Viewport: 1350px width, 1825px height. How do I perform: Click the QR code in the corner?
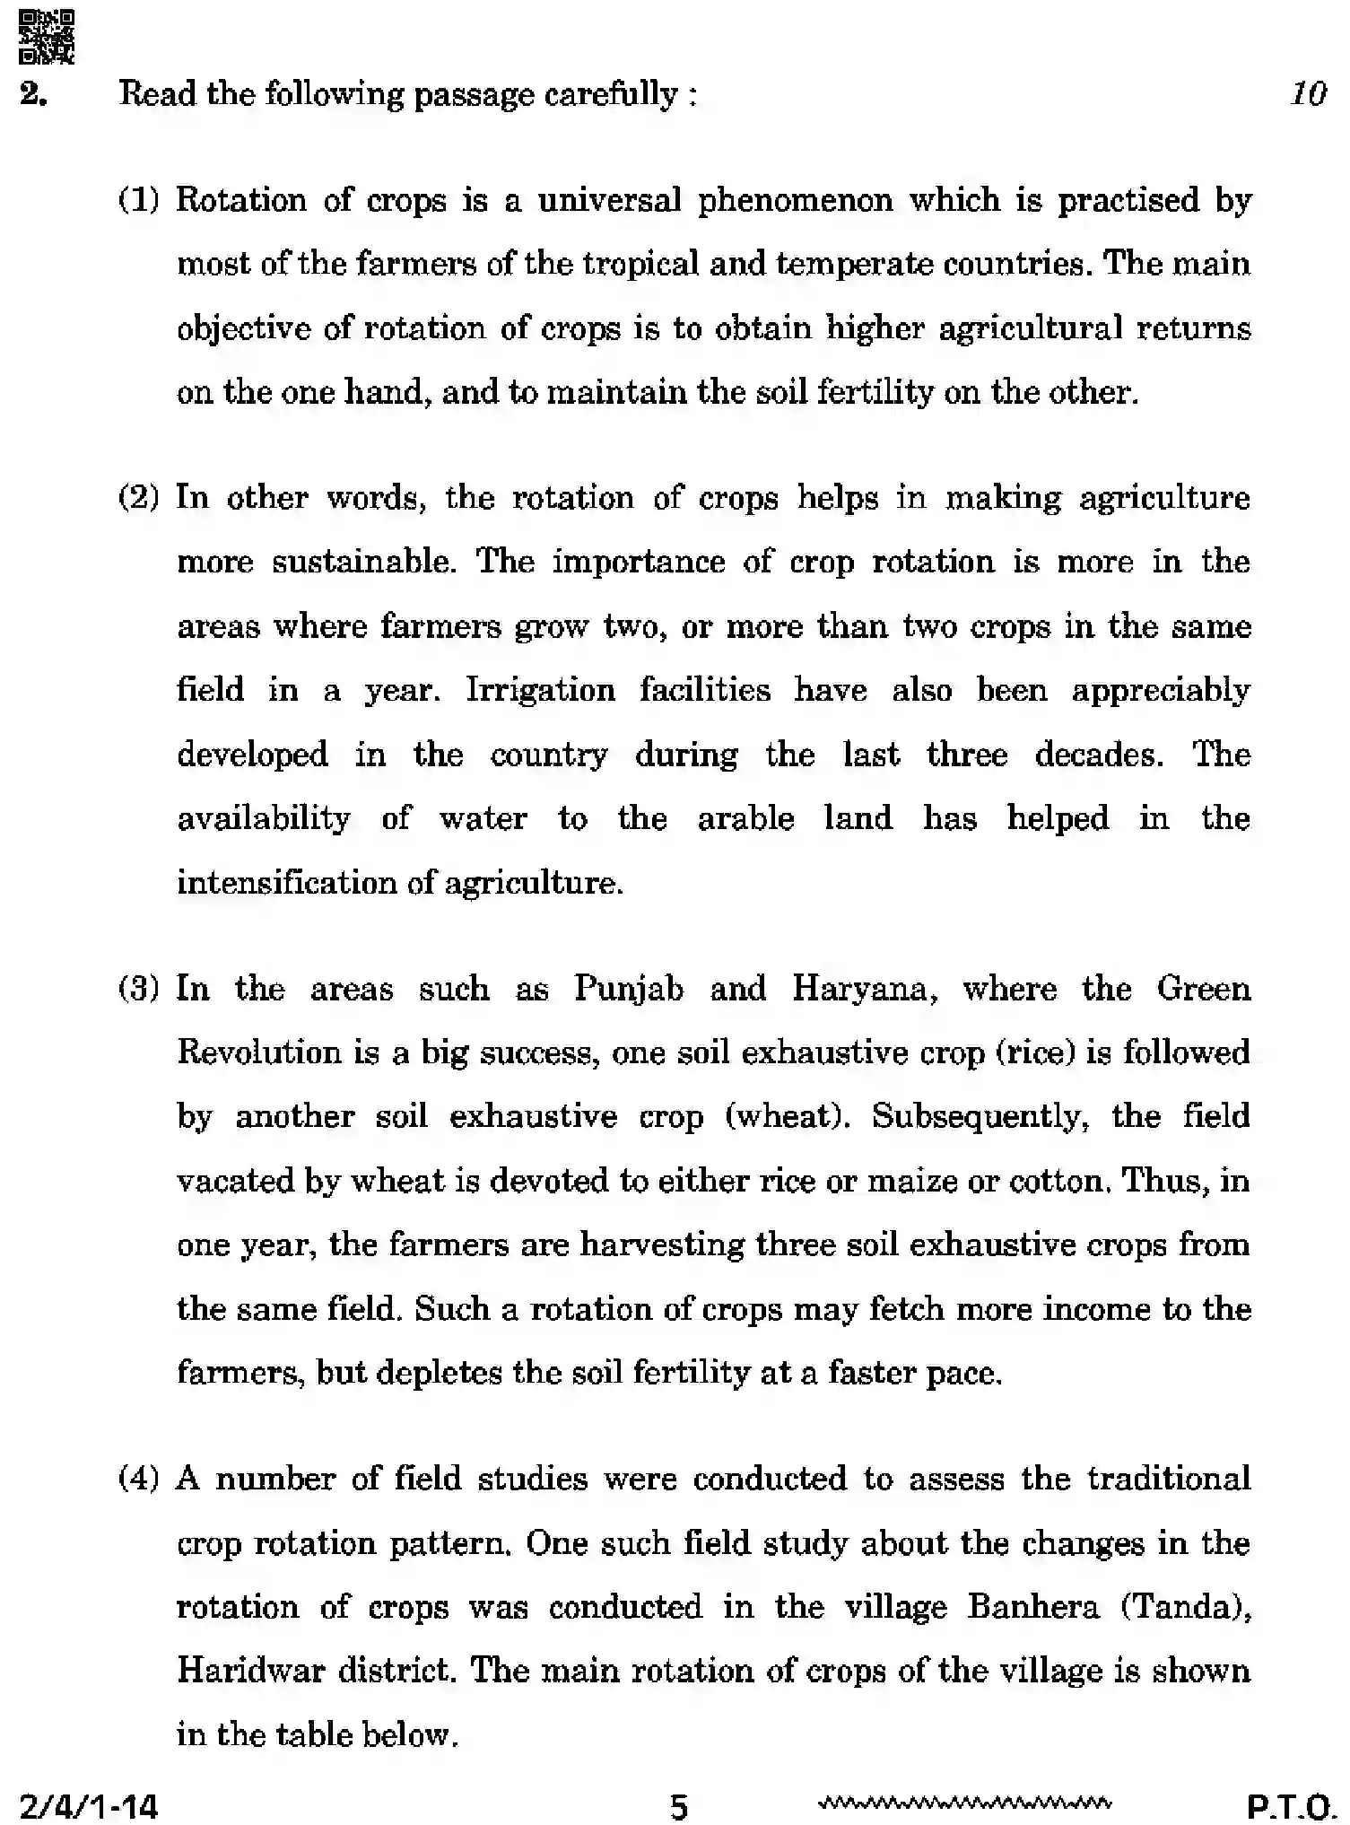click(x=47, y=36)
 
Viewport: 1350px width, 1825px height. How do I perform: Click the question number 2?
click(x=33, y=94)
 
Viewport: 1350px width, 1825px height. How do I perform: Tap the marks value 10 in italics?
click(x=1308, y=93)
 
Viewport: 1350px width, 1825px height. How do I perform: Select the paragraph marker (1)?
click(x=138, y=200)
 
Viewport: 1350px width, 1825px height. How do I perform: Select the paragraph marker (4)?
click(x=138, y=1478)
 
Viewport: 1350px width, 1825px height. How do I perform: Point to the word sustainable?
click(x=364, y=562)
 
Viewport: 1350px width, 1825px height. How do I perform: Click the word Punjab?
click(x=628, y=989)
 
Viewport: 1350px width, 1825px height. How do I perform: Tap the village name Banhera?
click(x=1032, y=1606)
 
